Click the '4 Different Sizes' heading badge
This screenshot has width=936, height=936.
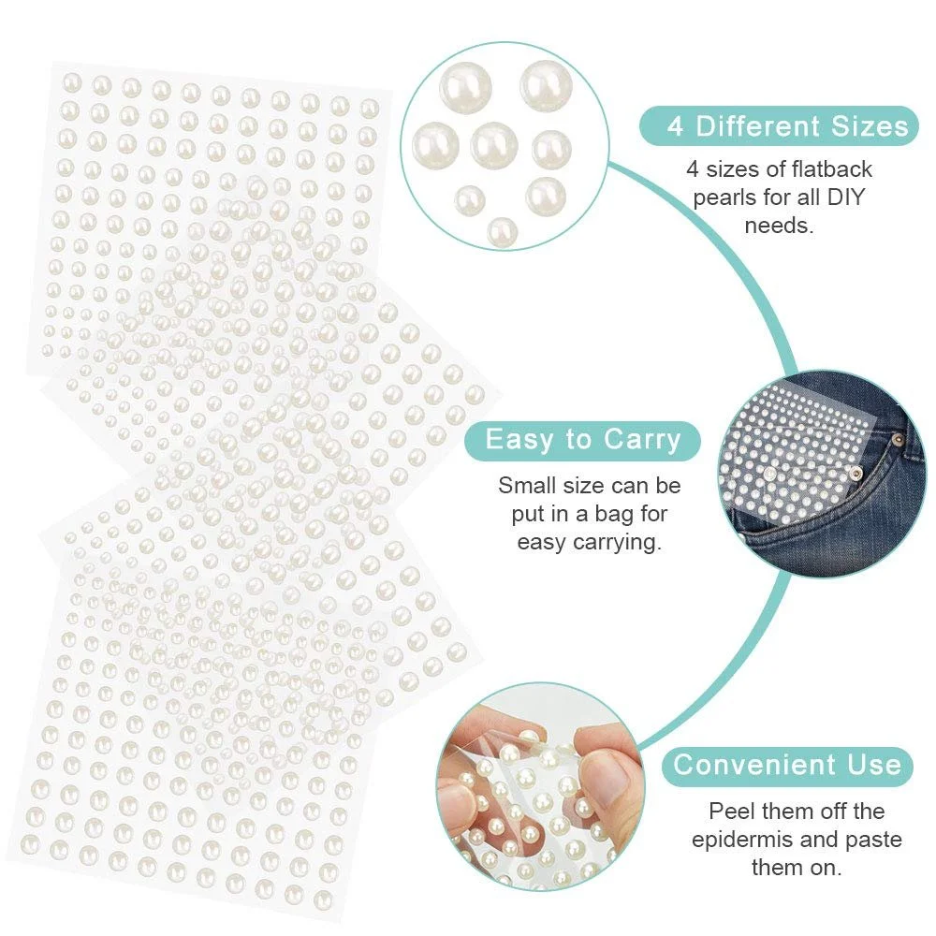pyautogui.click(x=779, y=126)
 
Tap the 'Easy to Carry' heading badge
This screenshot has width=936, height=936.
pyautogui.click(x=582, y=441)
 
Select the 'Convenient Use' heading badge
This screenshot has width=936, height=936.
pyautogui.click(x=787, y=766)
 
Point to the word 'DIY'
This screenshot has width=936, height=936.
pyautogui.click(x=845, y=197)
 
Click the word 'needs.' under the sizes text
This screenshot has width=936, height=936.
pyautogui.click(x=779, y=226)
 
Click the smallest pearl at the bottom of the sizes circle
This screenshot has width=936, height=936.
pyautogui.click(x=502, y=231)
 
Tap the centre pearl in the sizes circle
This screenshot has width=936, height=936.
pyautogui.click(x=493, y=145)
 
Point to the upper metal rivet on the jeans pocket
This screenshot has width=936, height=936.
pyautogui.click(x=896, y=440)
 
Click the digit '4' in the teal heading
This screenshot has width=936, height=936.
pyautogui.click(x=675, y=126)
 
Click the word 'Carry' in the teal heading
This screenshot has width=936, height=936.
pyautogui.click(x=642, y=441)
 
